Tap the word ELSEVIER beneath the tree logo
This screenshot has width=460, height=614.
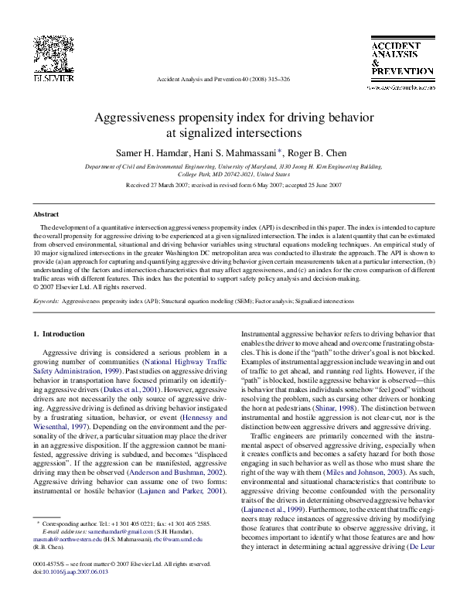(x=38, y=79)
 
